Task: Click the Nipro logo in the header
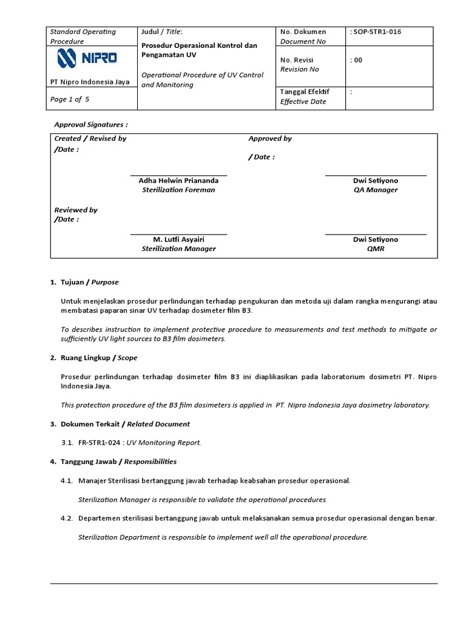pos(87,59)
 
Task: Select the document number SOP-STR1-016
pos(376,32)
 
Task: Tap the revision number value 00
pos(356,60)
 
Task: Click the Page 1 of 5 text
pos(70,99)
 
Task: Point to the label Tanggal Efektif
pos(305,92)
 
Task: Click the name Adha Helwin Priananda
pos(178,181)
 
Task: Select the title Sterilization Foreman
pos(178,190)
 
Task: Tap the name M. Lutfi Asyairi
pos(178,240)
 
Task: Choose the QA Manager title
pos(376,190)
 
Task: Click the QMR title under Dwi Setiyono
pos(376,249)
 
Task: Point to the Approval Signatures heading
pos(91,124)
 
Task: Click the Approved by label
pos(270,138)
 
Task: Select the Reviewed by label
pos(76,210)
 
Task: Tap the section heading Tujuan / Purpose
pos(89,282)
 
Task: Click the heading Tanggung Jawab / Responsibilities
pos(118,462)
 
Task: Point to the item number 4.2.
pos(67,519)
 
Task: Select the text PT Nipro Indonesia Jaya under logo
pos(90,82)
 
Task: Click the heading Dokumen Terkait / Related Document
pos(125,424)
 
